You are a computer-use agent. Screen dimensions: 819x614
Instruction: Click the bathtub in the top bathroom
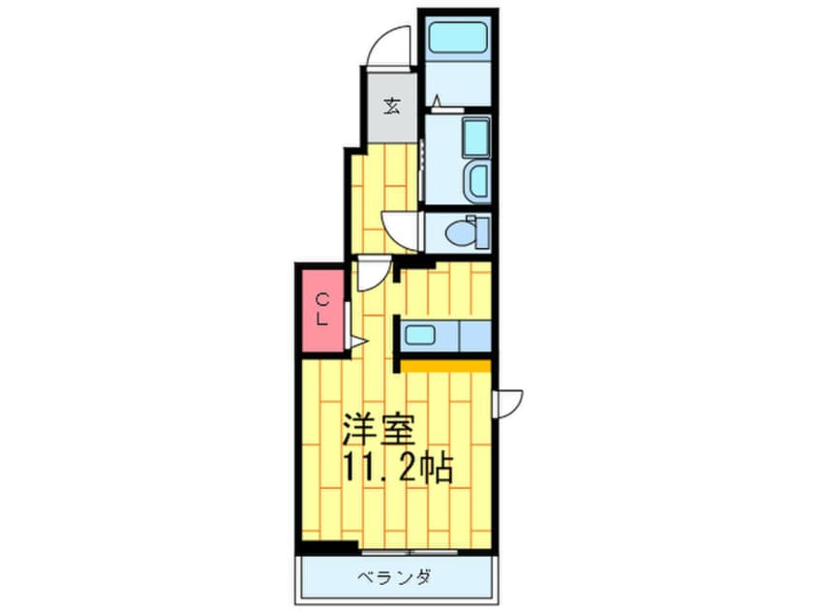[460, 41]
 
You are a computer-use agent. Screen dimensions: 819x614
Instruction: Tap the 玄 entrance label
[392, 106]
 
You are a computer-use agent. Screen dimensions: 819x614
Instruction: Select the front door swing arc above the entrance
[390, 46]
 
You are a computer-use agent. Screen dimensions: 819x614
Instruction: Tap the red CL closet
[322, 310]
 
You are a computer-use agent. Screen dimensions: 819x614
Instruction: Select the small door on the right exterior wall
[508, 402]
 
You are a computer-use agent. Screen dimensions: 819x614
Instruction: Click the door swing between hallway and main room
[373, 275]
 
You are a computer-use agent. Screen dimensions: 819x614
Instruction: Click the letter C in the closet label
[324, 299]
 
